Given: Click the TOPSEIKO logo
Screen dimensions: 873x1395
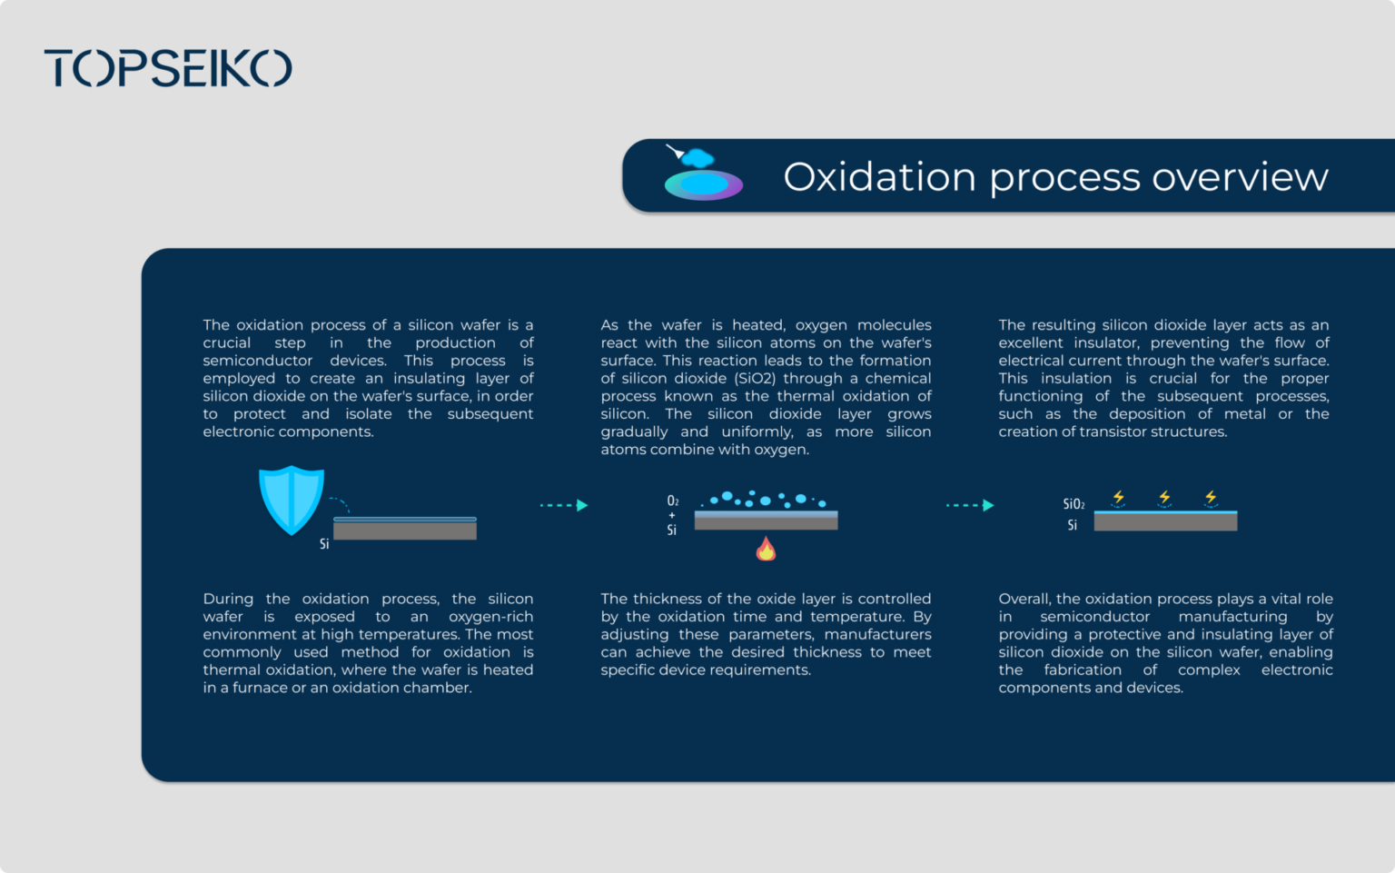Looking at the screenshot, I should (x=168, y=68).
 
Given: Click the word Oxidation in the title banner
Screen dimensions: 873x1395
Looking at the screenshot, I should (x=879, y=177).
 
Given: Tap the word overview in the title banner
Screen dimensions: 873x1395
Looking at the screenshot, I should (x=1240, y=177).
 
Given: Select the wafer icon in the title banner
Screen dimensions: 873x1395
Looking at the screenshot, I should (x=703, y=176).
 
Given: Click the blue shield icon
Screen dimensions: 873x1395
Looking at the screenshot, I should (x=292, y=499).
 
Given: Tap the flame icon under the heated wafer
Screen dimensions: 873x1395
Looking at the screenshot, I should (x=766, y=549).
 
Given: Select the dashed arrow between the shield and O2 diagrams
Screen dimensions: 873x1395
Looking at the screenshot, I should (x=563, y=505).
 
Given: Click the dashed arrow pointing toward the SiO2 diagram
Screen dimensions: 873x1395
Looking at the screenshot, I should (x=969, y=505).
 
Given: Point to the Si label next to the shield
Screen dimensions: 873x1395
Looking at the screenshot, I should (x=324, y=544).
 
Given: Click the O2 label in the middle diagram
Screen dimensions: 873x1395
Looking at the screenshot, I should (x=673, y=501).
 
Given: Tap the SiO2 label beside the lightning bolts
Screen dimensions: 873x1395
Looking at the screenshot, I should (x=1073, y=504).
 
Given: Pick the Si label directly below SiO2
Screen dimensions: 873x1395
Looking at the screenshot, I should (x=1073, y=525).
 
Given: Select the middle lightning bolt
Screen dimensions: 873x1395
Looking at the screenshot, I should (x=1164, y=497).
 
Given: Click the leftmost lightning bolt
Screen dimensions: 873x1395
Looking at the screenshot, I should (x=1119, y=497).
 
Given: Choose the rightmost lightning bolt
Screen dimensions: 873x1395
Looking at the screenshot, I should (x=1211, y=497).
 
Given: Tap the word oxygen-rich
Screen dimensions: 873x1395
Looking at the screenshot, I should (x=490, y=617).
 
